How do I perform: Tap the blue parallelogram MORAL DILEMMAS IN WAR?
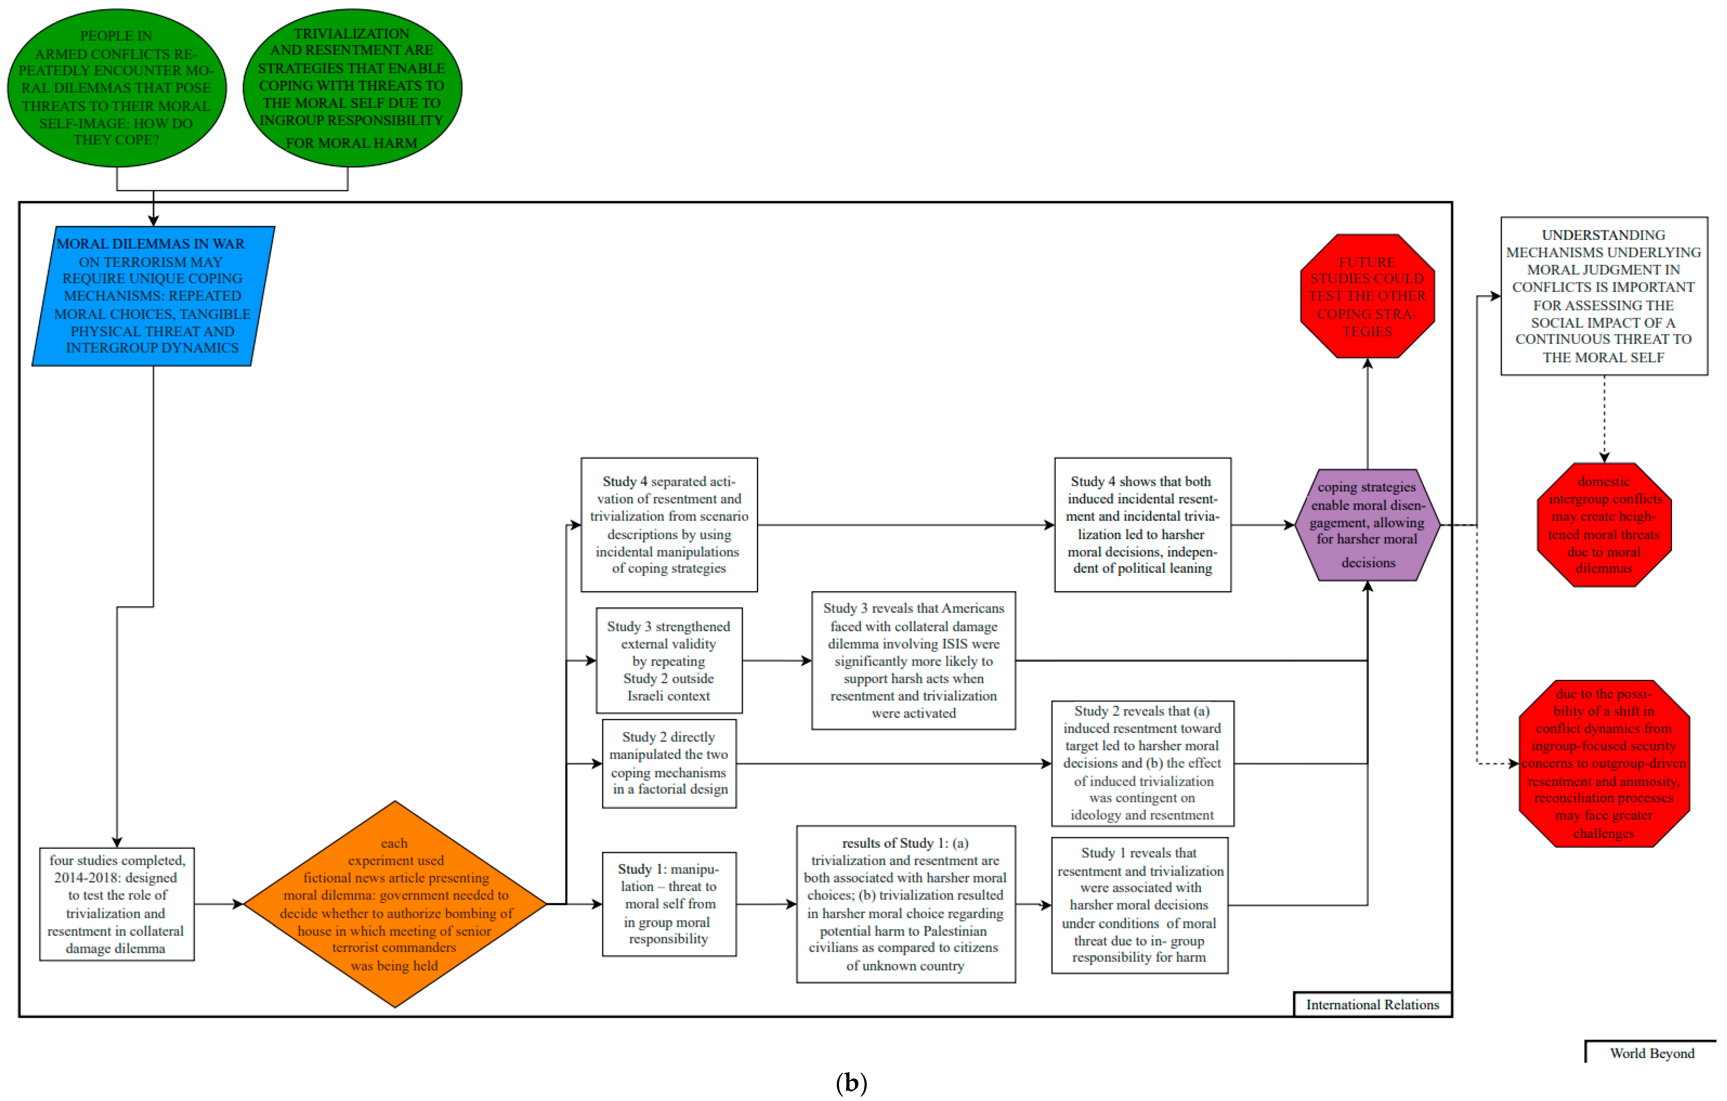coord(153,296)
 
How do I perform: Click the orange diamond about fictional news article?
coord(394,904)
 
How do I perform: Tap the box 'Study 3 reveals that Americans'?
coord(913,661)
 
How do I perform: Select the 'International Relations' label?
coord(1372,1004)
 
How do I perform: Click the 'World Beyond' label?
coord(1652,1053)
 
